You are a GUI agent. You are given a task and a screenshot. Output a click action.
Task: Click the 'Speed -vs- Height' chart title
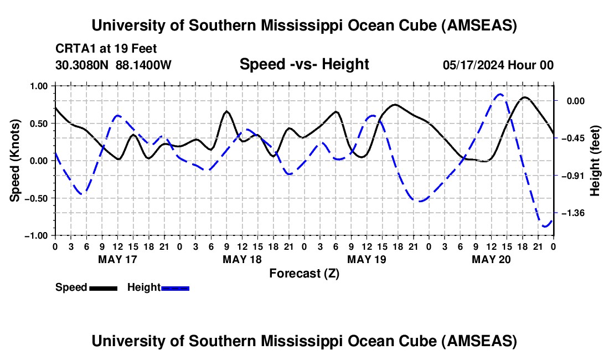(x=304, y=64)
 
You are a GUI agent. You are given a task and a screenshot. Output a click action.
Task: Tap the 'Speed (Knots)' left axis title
(x=16, y=160)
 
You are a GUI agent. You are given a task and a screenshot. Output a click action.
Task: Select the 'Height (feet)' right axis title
(x=595, y=160)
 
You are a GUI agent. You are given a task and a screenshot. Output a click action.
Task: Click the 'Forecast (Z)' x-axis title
(x=304, y=273)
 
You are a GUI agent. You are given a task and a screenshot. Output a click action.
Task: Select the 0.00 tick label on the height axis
(x=575, y=101)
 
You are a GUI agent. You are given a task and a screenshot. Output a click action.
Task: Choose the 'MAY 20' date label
(x=491, y=259)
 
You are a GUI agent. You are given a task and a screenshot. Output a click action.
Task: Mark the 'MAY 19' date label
(x=367, y=259)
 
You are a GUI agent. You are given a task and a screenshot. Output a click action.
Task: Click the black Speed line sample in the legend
(x=103, y=287)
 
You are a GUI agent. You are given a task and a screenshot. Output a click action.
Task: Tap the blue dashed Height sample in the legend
(x=176, y=287)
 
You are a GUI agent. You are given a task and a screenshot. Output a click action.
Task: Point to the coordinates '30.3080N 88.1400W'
(x=113, y=65)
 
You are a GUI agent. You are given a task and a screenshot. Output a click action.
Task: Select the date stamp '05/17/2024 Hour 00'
(x=498, y=65)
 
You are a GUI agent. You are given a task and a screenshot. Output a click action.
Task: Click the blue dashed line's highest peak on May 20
(x=500, y=94)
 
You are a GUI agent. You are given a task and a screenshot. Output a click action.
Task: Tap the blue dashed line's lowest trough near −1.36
(x=545, y=226)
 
